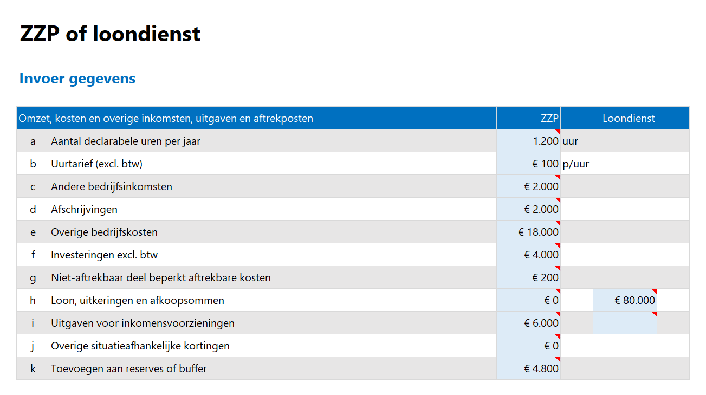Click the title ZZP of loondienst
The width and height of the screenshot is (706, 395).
110,34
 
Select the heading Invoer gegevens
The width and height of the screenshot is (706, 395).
77,79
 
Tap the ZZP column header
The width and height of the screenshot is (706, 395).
549,118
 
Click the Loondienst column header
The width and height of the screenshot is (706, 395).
629,118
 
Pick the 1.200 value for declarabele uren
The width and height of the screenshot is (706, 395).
545,141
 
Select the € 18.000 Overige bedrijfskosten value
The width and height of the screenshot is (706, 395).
538,232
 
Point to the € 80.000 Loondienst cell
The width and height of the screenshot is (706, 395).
634,301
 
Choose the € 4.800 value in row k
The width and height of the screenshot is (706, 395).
541,369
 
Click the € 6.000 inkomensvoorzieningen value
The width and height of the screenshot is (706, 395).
541,323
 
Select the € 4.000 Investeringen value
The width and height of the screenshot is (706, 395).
541,255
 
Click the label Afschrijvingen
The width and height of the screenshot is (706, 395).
84,210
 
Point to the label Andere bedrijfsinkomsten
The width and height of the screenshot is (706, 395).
112,187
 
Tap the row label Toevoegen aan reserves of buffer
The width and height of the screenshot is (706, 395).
129,369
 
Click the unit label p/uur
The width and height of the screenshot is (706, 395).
576,164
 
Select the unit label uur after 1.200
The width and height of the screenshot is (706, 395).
571,141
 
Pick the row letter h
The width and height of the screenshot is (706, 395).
33,301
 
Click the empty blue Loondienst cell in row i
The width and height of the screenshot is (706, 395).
625,323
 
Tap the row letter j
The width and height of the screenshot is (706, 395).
33,346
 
